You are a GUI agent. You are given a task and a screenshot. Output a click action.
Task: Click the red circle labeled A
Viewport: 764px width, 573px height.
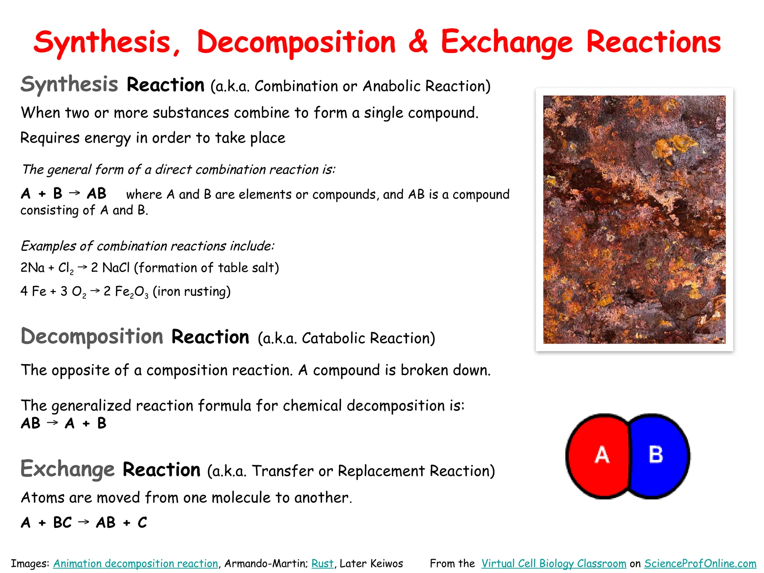click(x=599, y=455)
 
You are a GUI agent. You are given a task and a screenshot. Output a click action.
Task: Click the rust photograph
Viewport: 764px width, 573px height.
click(x=634, y=219)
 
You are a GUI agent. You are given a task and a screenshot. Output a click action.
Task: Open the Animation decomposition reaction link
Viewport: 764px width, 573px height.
click(x=135, y=563)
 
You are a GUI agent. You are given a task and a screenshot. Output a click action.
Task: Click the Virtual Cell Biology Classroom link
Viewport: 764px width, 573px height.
click(x=554, y=563)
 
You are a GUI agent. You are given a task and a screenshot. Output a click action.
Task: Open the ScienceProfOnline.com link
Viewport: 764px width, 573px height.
click(x=700, y=563)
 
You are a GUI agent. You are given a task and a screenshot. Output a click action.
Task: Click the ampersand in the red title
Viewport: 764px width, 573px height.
click(x=418, y=42)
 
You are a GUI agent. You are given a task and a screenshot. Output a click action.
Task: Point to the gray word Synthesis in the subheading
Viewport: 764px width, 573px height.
click(x=69, y=84)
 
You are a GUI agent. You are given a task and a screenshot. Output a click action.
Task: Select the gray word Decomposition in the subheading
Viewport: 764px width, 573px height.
click(x=92, y=336)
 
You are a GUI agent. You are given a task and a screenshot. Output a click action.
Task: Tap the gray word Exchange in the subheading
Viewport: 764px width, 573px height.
click(x=68, y=469)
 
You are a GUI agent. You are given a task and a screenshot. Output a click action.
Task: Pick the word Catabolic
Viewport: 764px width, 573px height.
click(x=334, y=338)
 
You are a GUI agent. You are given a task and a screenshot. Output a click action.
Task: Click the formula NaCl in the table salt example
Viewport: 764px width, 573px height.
click(x=116, y=267)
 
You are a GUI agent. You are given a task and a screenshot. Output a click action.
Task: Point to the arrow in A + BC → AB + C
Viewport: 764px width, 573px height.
click(x=84, y=522)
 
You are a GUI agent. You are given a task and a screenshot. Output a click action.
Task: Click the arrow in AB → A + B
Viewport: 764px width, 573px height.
click(x=52, y=423)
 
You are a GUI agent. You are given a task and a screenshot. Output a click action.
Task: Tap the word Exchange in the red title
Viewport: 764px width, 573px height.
click(x=506, y=42)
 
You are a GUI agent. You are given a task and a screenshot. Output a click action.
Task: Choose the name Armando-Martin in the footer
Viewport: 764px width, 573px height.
click(x=266, y=563)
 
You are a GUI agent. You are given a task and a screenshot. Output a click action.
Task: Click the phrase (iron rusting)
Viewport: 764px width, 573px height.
click(x=192, y=291)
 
